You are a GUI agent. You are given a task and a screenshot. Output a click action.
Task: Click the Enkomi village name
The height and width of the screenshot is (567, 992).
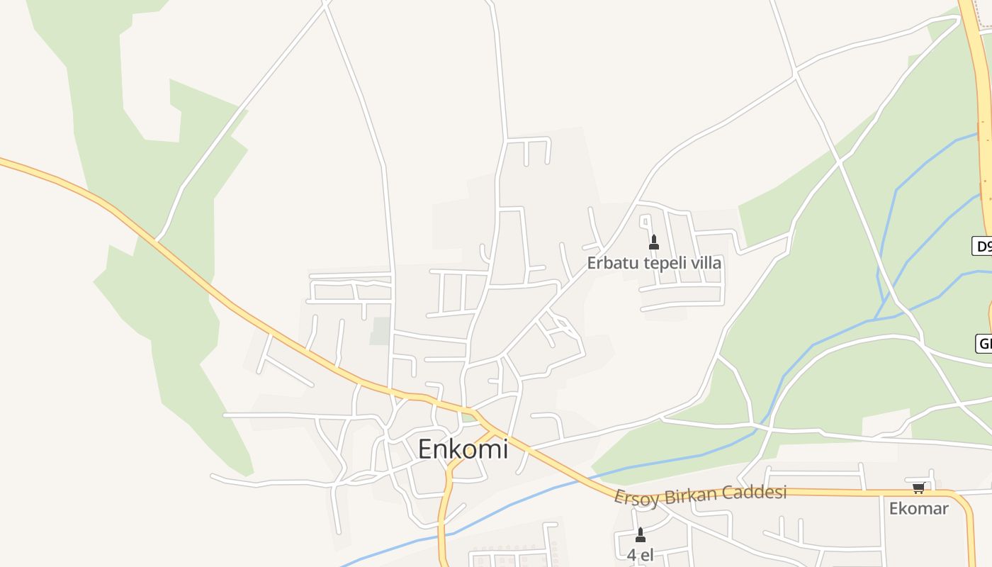[463, 449]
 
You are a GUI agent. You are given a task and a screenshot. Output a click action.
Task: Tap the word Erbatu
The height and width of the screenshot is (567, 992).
[613, 263]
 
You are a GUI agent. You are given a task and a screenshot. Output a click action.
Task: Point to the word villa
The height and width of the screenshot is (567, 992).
[706, 263]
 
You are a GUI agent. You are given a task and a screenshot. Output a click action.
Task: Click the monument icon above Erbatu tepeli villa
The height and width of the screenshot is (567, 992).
[654, 242]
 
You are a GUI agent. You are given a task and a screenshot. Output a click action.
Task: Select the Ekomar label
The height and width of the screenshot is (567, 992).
[918, 508]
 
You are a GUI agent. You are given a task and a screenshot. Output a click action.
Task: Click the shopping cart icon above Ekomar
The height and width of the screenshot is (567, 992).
[918, 488]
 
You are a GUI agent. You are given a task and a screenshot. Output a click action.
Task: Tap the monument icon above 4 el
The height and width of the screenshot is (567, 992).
[641, 535]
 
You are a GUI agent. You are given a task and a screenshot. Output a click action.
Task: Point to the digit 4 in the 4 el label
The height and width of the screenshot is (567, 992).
[631, 555]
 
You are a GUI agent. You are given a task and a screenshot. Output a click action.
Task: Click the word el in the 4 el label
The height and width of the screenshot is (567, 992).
[646, 555]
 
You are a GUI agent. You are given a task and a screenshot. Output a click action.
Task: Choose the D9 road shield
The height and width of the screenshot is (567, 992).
[983, 246]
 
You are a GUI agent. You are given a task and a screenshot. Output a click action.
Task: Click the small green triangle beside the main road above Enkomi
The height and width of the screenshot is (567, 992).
[468, 417]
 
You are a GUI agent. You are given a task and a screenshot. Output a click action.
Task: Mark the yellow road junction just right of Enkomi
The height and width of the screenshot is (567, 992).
[490, 430]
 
